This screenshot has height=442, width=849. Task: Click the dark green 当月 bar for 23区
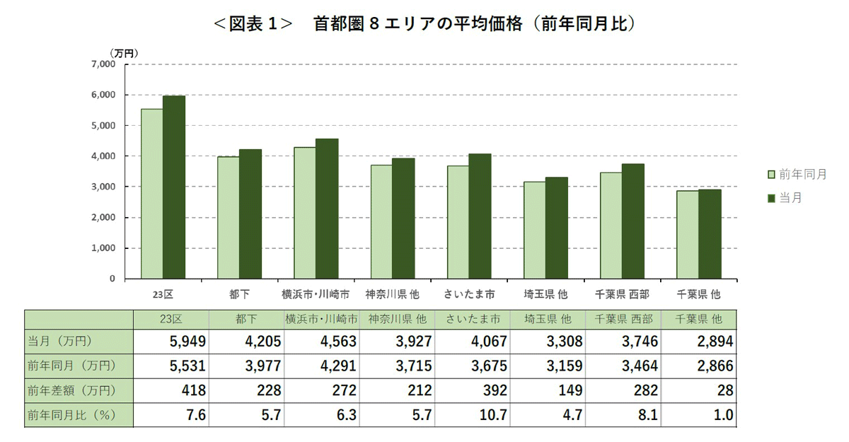click(174, 187)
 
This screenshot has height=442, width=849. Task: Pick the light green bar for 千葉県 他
click(688, 235)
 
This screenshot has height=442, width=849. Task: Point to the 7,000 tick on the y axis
click(103, 64)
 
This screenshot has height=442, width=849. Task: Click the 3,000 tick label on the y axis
click(103, 187)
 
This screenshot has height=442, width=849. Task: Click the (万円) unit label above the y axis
click(124, 52)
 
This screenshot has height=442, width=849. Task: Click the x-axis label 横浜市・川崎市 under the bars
click(316, 293)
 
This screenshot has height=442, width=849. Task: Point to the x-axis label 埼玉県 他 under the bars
click(545, 293)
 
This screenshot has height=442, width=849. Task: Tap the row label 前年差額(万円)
click(71, 390)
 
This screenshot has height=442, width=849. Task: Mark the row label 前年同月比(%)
click(71, 415)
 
